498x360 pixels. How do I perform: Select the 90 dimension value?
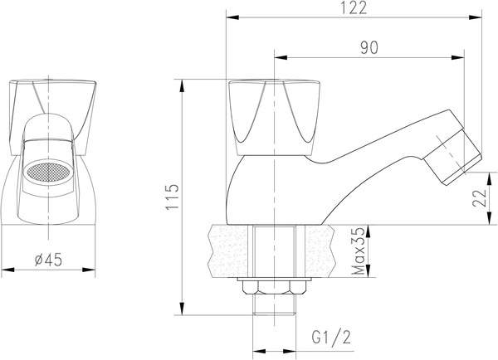(x=369, y=48)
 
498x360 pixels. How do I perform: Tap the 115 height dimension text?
(x=172, y=197)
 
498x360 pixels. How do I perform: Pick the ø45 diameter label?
(x=50, y=260)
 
